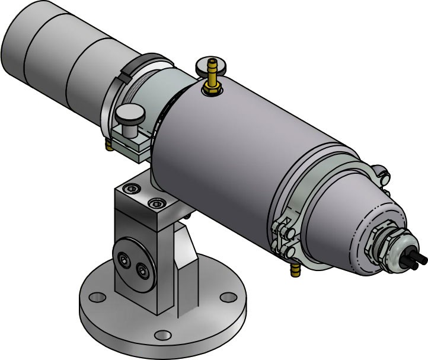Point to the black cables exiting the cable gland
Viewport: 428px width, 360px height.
417,259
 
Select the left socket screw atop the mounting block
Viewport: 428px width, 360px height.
130,189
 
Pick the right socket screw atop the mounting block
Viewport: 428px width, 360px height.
156,203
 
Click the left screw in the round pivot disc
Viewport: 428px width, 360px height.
124,259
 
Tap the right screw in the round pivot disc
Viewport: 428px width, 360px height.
142,270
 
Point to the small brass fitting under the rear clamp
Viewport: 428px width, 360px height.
108,145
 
